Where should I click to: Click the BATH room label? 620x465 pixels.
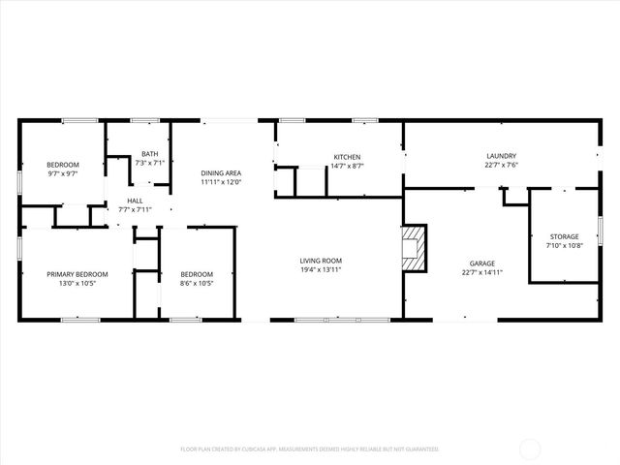[x=150, y=154]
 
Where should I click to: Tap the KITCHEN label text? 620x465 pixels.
[x=348, y=157]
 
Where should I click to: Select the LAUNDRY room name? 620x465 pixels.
[x=501, y=156]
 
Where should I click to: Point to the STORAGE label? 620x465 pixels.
[x=564, y=236]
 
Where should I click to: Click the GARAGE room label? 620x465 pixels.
[x=482, y=263]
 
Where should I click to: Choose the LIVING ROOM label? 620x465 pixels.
[x=320, y=261]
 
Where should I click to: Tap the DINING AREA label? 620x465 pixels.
[x=221, y=172]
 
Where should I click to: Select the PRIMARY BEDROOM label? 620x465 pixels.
[x=77, y=274]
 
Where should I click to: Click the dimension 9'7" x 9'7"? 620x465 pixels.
[x=63, y=174]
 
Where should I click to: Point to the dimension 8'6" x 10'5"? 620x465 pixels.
[x=197, y=284]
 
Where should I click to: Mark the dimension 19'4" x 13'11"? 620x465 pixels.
[x=320, y=270]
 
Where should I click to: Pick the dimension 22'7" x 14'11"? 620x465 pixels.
[x=482, y=273]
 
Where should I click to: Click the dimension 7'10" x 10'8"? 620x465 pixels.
[x=564, y=246]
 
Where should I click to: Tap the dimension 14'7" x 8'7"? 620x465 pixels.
[x=348, y=167]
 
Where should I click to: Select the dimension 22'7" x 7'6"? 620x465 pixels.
[x=501, y=166]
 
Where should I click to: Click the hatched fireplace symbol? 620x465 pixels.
[x=414, y=248]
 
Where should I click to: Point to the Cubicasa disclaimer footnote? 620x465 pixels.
[x=310, y=449]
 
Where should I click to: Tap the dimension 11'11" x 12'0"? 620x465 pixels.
[x=221, y=182]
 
